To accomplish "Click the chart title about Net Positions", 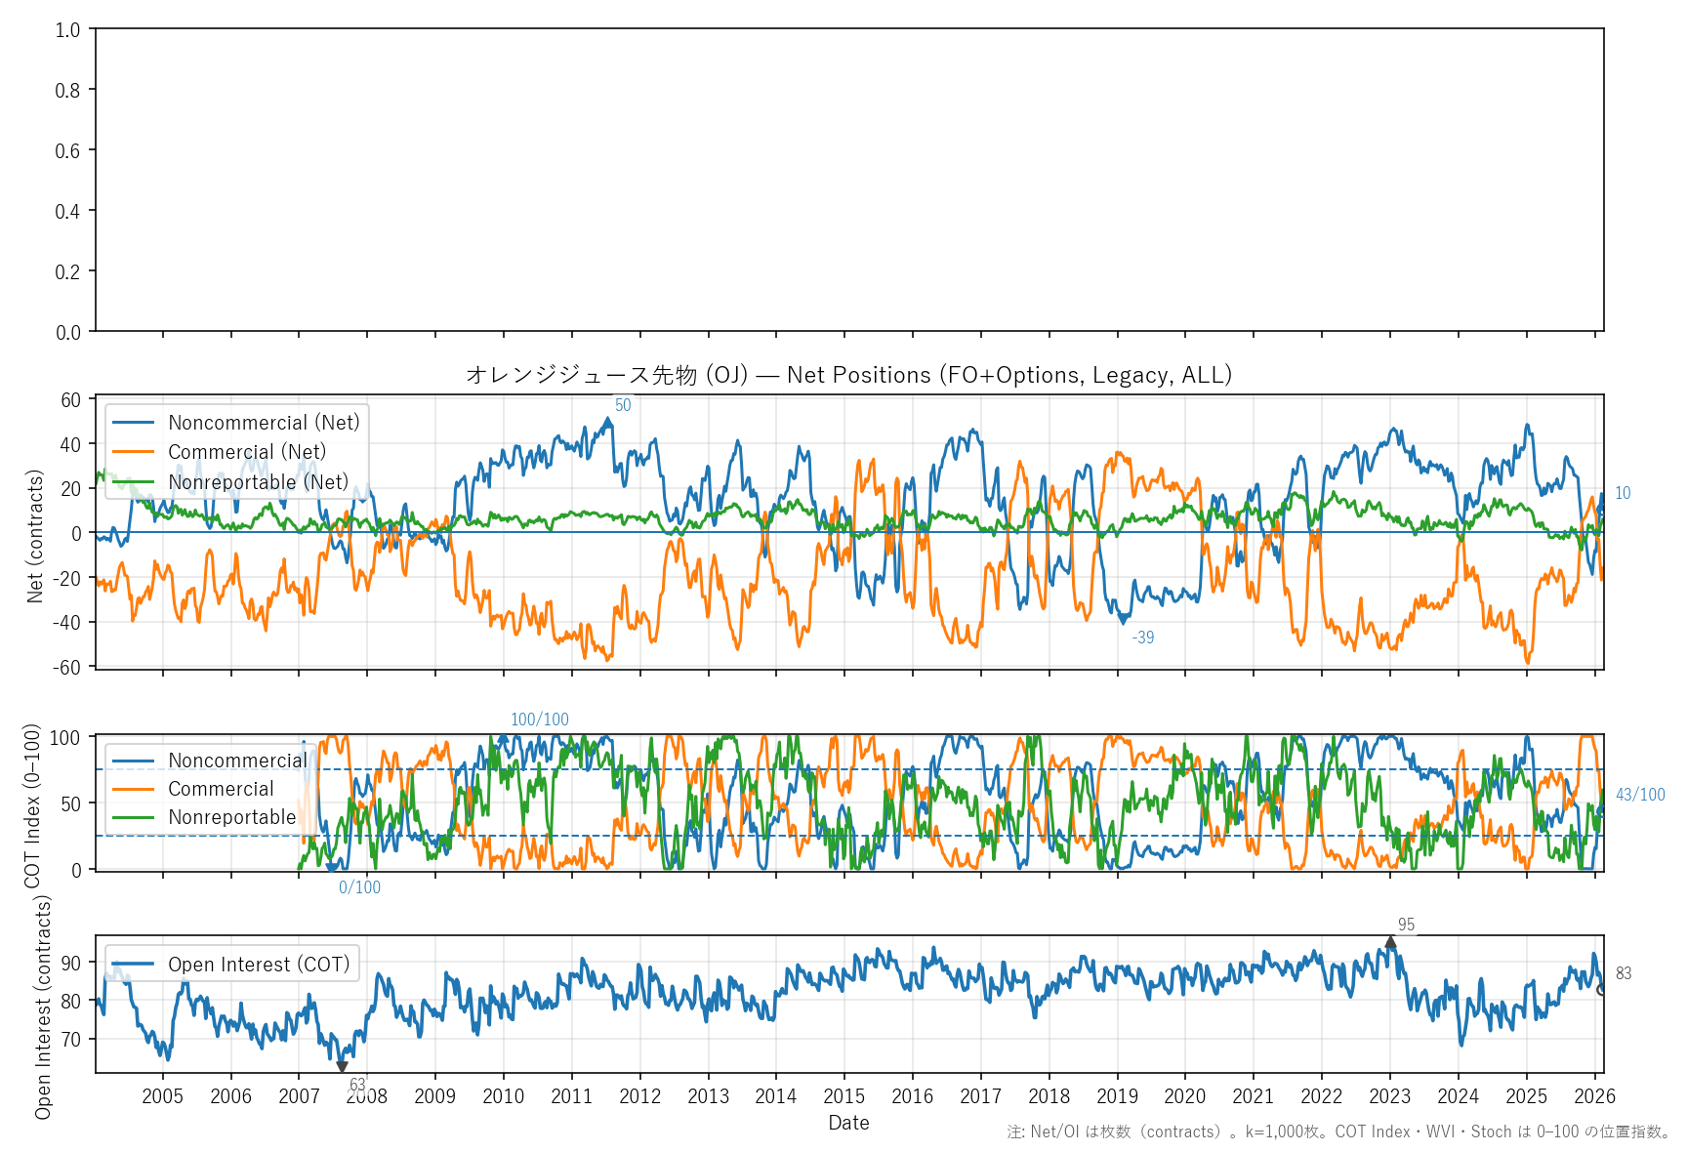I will (848, 375).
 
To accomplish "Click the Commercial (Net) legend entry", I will (246, 452).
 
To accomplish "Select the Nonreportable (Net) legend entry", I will (258, 482).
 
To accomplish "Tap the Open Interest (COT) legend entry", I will (259, 965).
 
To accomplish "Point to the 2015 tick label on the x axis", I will (843, 1096).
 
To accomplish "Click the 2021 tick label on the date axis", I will (1253, 1096).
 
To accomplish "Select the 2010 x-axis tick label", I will (503, 1096).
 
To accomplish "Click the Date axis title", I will (848, 1123).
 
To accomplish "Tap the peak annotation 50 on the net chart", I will (623, 405).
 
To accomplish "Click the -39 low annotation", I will (1143, 638).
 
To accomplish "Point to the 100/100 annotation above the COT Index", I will (540, 720).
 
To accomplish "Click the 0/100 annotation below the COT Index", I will (359, 887).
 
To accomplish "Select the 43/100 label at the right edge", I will (1640, 795).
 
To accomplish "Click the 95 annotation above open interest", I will (1406, 925).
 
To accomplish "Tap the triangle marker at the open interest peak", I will (1390, 942).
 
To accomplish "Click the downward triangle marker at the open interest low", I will (342, 1066).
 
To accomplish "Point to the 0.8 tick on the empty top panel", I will (67, 90).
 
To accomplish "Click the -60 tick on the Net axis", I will (70, 667).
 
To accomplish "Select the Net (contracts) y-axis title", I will (35, 536).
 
